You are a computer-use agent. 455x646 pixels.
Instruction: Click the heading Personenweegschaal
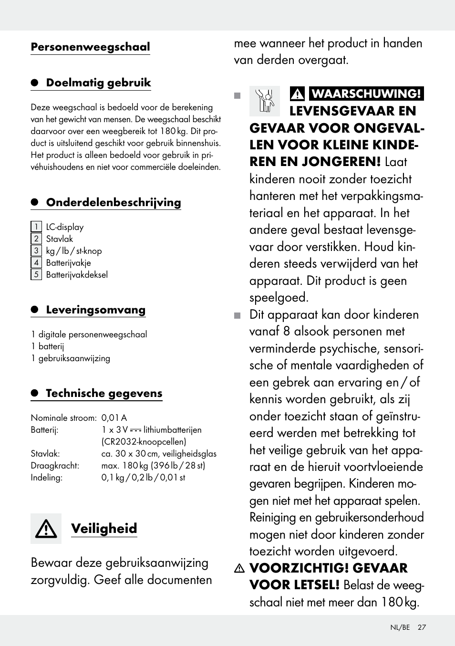90,47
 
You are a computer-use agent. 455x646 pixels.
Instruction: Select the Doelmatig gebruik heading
98,83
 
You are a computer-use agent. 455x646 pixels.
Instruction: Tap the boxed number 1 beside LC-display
36,227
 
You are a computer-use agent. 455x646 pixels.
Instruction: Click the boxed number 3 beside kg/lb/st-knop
36,251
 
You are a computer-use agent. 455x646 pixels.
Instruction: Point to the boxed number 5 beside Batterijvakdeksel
36,275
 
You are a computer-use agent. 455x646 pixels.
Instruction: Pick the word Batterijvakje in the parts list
68,263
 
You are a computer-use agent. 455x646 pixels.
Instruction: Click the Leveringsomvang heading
95,310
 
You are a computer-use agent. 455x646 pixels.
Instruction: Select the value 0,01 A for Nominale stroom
114,418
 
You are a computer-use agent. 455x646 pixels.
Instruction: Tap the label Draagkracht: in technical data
55,466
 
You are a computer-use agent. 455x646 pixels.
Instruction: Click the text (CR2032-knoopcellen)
144,442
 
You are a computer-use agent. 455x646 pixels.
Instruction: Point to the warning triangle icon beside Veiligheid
46,529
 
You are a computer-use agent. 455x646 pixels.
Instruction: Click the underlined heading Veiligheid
104,529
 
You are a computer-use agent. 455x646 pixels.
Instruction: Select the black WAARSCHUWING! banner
366,94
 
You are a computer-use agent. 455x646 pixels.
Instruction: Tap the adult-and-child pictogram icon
264,101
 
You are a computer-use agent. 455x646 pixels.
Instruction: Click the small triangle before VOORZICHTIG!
239,568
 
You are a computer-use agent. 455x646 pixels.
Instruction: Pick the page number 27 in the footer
422,627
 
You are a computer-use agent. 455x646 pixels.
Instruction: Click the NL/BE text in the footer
400,627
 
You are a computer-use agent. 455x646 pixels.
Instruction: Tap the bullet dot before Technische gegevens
35,393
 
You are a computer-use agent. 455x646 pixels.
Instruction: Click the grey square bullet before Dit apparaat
238,315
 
